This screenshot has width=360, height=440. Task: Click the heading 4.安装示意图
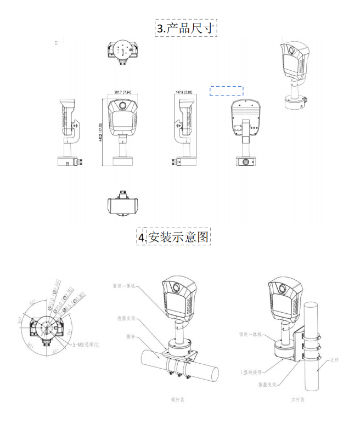174,236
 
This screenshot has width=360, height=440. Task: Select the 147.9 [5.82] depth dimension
185,91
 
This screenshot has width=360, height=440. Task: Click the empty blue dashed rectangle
226,91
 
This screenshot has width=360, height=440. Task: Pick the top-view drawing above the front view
122,50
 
